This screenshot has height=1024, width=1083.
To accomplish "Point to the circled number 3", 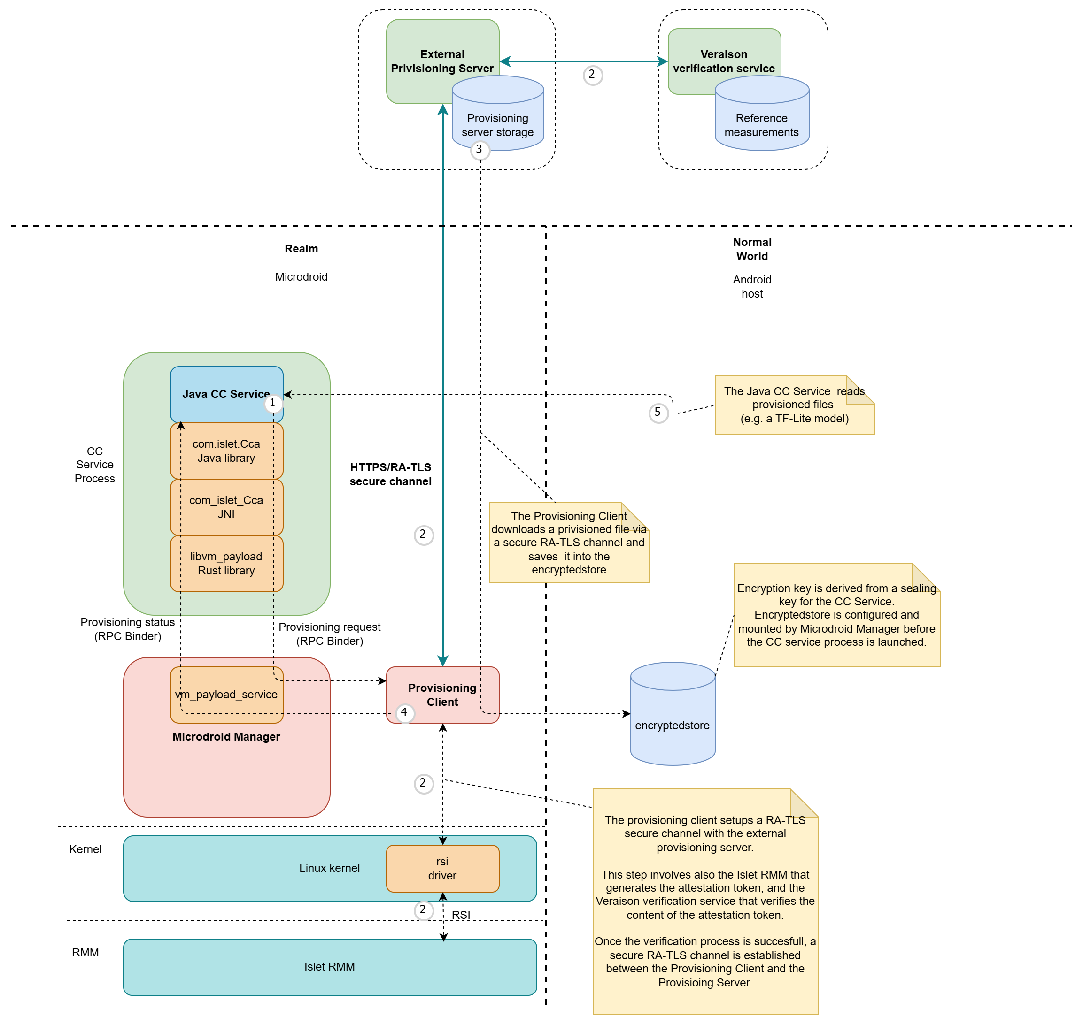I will (480, 150).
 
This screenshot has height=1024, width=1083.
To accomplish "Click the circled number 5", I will (658, 413).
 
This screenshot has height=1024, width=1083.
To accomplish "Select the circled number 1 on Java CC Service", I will (272, 404).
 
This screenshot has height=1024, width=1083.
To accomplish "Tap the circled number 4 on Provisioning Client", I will (404, 712).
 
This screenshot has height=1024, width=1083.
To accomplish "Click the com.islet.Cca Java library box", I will (226, 451).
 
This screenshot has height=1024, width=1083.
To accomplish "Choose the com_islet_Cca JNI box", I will (226, 507).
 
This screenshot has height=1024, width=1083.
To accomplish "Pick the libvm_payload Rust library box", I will (226, 563).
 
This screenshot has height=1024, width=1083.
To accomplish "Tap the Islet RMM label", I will (329, 967).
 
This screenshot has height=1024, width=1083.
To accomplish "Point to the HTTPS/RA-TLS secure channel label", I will (390, 474).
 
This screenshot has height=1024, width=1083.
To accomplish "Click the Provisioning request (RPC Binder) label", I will (329, 634).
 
